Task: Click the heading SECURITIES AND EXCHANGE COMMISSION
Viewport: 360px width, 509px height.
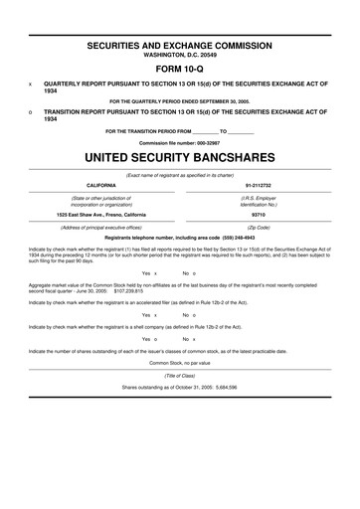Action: pyautogui.click(x=180, y=46)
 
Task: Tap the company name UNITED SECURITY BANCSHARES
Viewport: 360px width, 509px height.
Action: pyautogui.click(x=180, y=157)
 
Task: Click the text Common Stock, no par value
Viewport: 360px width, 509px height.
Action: pyautogui.click(x=180, y=391)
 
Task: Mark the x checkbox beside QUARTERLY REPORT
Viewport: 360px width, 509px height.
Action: pyautogui.click(x=31, y=85)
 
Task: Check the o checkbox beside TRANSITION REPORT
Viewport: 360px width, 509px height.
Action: pyautogui.click(x=31, y=113)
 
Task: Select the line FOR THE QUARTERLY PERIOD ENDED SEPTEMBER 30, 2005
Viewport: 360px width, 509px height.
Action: pyautogui.click(x=180, y=101)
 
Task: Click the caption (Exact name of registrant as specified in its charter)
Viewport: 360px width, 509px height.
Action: pyautogui.click(x=180, y=175)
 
